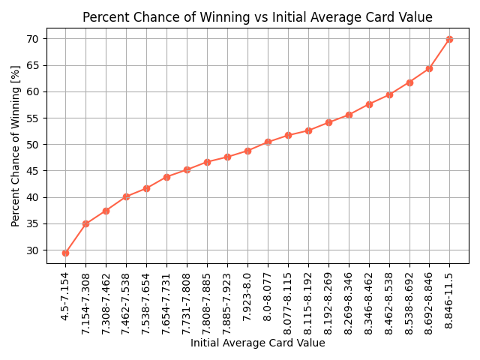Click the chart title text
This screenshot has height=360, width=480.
point(257,17)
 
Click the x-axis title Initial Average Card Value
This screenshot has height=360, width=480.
point(257,343)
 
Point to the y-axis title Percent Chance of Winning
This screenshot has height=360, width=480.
point(16,145)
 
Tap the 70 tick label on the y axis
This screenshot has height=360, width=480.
point(33,39)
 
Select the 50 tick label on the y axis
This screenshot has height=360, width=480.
point(33,145)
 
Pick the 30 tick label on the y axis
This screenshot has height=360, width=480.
point(33,250)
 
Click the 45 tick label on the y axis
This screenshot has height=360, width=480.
point(33,171)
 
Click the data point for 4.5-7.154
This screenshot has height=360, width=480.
point(65,253)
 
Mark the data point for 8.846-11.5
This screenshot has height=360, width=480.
point(449,39)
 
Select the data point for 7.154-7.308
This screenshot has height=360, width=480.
point(85,223)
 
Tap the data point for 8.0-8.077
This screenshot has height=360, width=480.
point(268,142)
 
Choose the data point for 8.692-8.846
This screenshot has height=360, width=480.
point(429,68)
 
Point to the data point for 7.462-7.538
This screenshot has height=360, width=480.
point(126,196)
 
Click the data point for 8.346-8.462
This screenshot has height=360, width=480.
point(369,104)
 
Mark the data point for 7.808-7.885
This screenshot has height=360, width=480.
point(207,162)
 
